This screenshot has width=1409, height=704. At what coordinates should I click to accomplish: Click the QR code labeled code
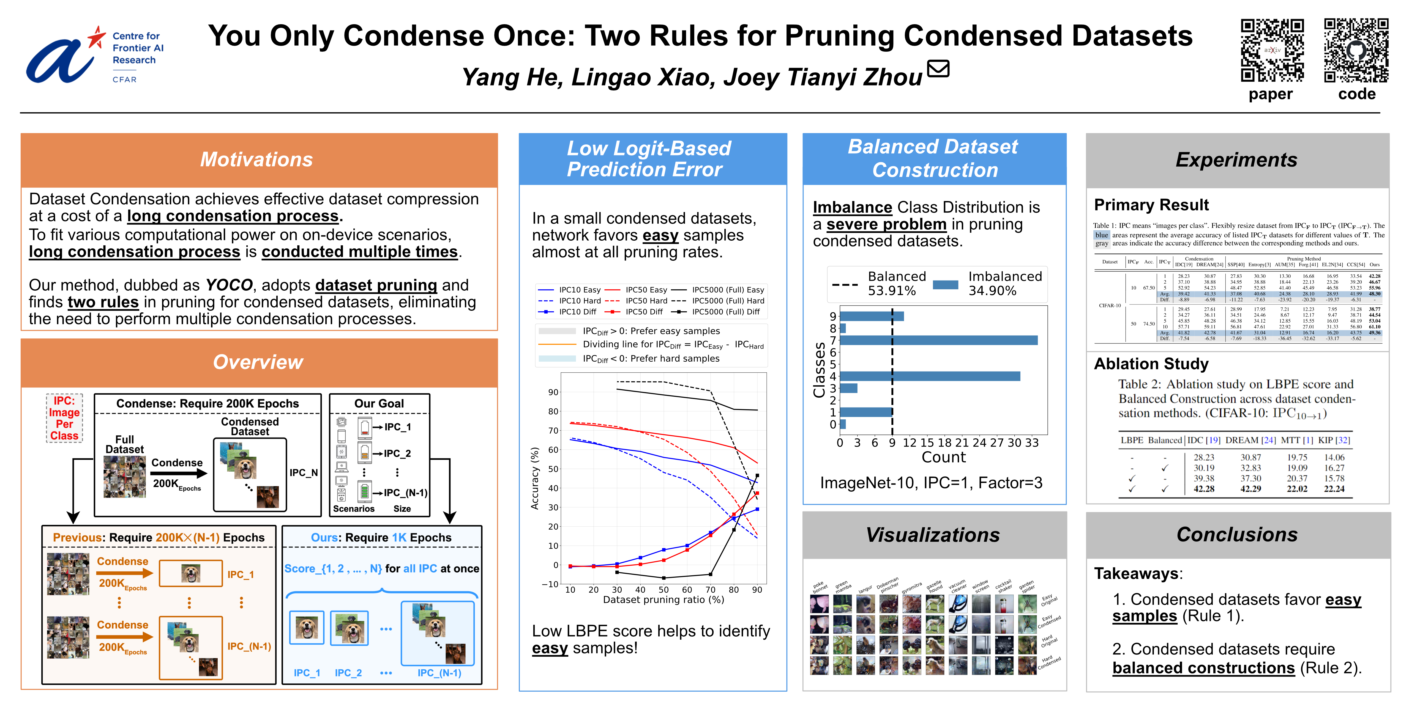pos(1356,50)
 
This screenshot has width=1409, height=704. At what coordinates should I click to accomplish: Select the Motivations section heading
pos(256,159)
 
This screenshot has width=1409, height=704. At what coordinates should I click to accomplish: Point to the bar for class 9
pos(871,316)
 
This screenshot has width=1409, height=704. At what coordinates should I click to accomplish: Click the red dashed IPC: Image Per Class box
pos(65,418)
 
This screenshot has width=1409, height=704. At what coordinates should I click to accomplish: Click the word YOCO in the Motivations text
pos(229,285)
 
